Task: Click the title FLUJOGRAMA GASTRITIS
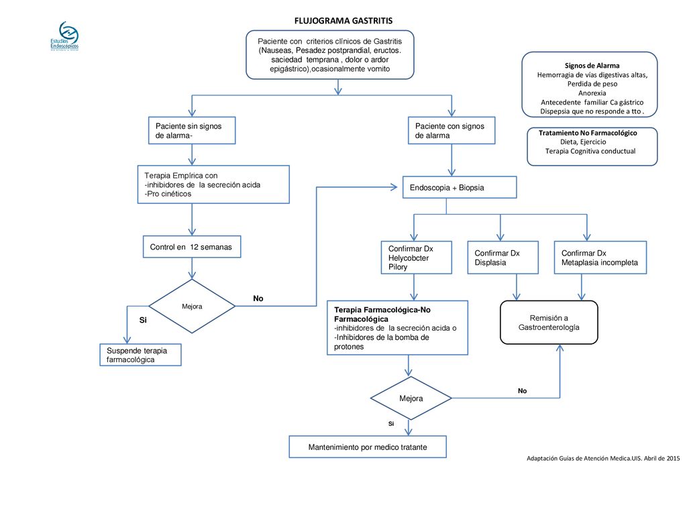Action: [x=343, y=21]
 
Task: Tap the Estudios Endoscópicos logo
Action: [x=65, y=36]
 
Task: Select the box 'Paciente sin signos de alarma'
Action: [x=192, y=131]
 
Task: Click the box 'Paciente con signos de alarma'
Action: [x=452, y=131]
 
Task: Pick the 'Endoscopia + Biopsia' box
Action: [x=460, y=188]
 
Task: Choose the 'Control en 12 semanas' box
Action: [x=192, y=247]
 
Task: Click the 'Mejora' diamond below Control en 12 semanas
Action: [x=192, y=306]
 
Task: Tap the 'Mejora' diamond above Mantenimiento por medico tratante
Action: [x=411, y=398]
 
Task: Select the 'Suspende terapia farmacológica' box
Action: [x=140, y=355]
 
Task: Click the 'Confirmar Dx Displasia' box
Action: [x=503, y=257]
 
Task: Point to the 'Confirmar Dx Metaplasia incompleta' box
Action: [x=600, y=257]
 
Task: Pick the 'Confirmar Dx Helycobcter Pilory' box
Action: [x=417, y=257]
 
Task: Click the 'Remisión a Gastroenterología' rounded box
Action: [x=549, y=323]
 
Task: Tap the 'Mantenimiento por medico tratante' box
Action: [x=368, y=447]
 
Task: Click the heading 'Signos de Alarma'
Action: [x=592, y=66]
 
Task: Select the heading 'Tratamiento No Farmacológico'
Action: [x=588, y=133]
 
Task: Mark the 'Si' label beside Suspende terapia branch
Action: [x=143, y=320]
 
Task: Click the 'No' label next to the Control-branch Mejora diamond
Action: [x=258, y=298]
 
